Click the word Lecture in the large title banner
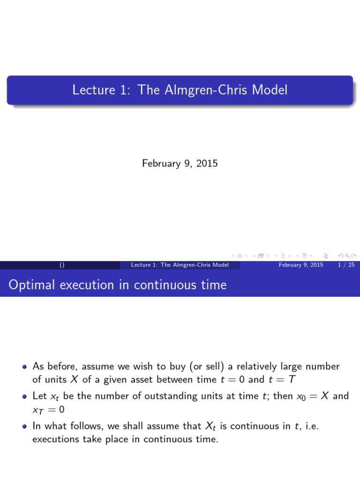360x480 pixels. click(91, 90)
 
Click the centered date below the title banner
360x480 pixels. click(180, 164)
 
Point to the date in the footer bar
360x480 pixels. click(300, 265)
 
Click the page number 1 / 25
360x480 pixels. click(346, 265)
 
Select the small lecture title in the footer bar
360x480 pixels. click(180, 265)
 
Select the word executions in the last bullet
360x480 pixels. click(55, 439)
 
